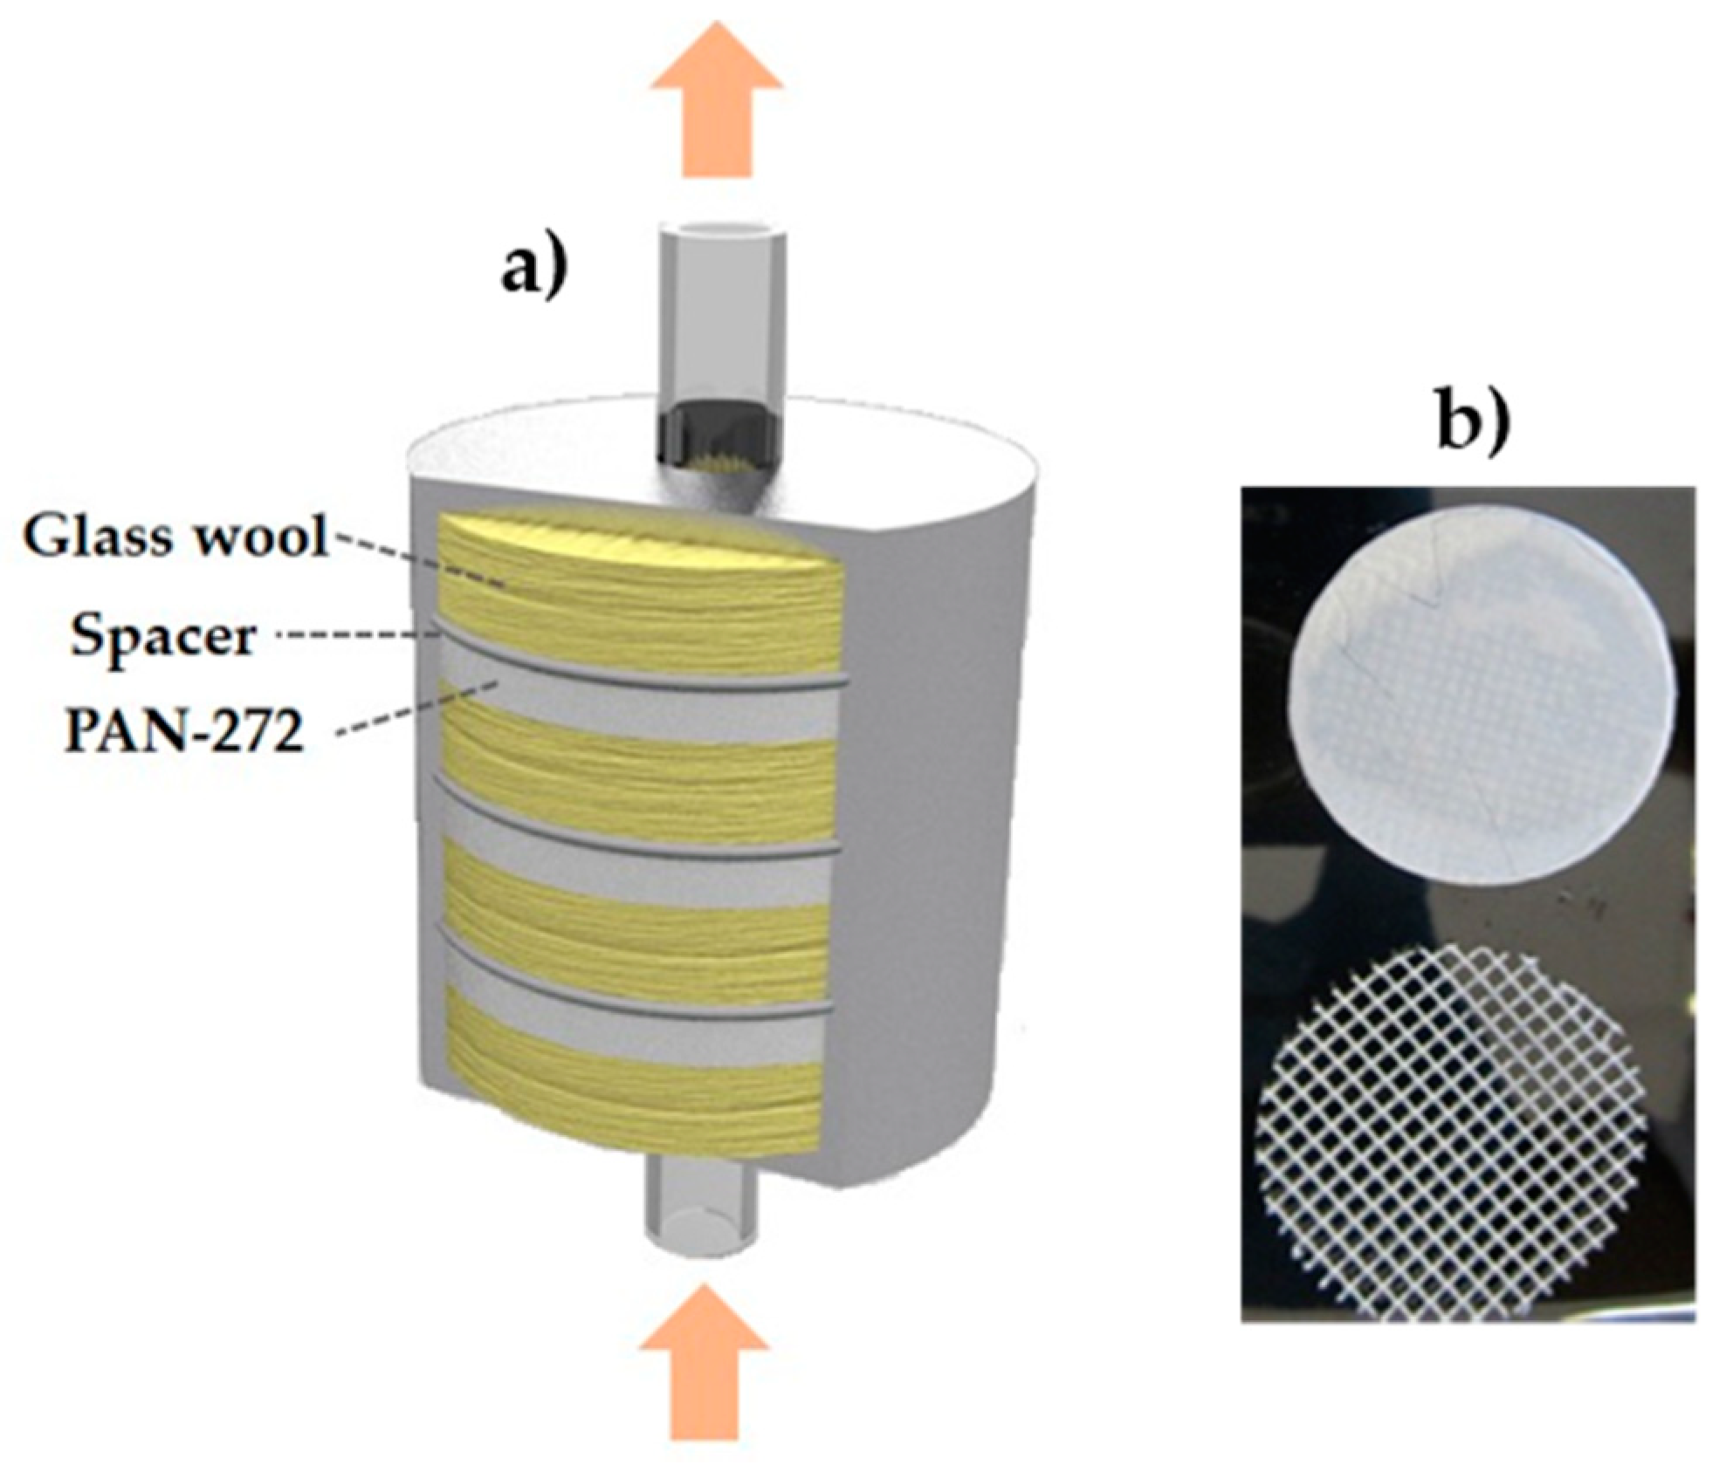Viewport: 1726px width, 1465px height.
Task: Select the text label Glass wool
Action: click(x=175, y=539)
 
